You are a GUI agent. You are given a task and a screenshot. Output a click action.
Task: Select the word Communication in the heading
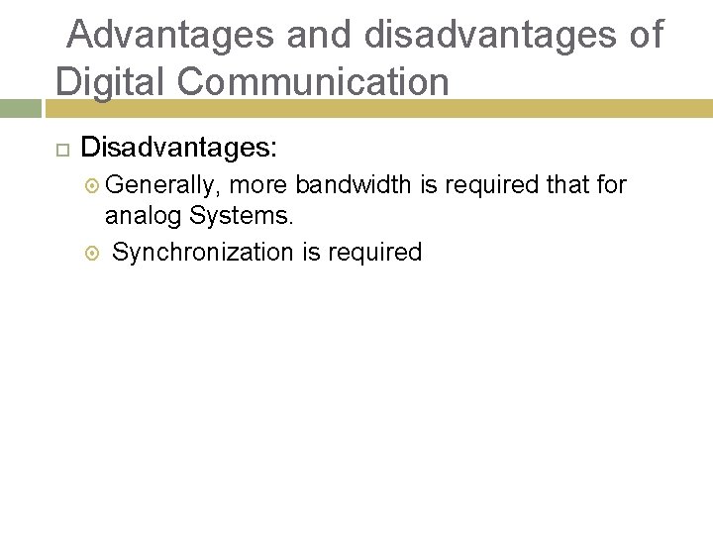point(316,81)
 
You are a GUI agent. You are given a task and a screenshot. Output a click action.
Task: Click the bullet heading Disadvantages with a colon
point(179,149)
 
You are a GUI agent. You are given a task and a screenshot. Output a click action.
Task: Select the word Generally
point(162,184)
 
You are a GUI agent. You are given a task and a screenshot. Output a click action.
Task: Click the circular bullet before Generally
point(93,185)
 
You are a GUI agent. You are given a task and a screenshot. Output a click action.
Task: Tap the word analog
point(145,215)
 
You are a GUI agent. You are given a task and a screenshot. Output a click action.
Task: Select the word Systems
point(242,215)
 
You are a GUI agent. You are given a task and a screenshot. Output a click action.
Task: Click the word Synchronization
point(203,253)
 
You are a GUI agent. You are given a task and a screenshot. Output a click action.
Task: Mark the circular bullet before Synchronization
point(93,253)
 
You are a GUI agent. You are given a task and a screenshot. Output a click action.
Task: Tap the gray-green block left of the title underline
point(22,108)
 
